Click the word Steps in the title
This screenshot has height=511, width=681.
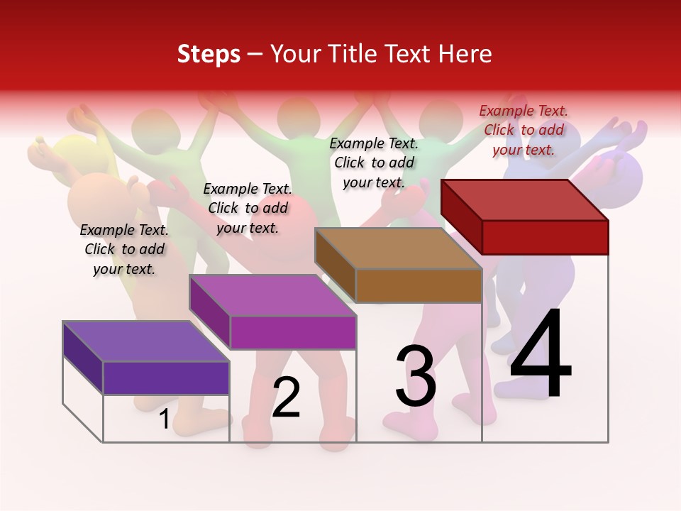click(209, 54)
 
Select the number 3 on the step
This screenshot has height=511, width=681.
click(416, 375)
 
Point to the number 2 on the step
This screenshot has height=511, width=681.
click(287, 397)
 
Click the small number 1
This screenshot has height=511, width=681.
click(164, 419)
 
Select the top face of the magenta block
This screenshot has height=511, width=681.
click(272, 295)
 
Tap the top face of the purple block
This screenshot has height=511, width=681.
click(146, 341)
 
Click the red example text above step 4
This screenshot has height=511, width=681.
click(524, 130)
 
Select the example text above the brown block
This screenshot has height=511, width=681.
click(374, 163)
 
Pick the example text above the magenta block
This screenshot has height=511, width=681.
click(248, 208)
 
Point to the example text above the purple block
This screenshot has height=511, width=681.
click(124, 249)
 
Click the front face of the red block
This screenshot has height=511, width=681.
click(545, 237)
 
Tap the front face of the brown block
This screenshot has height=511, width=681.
click(419, 286)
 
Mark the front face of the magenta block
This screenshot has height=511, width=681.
click(293, 332)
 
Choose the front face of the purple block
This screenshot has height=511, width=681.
click(166, 378)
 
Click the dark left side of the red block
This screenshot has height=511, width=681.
click(461, 216)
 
